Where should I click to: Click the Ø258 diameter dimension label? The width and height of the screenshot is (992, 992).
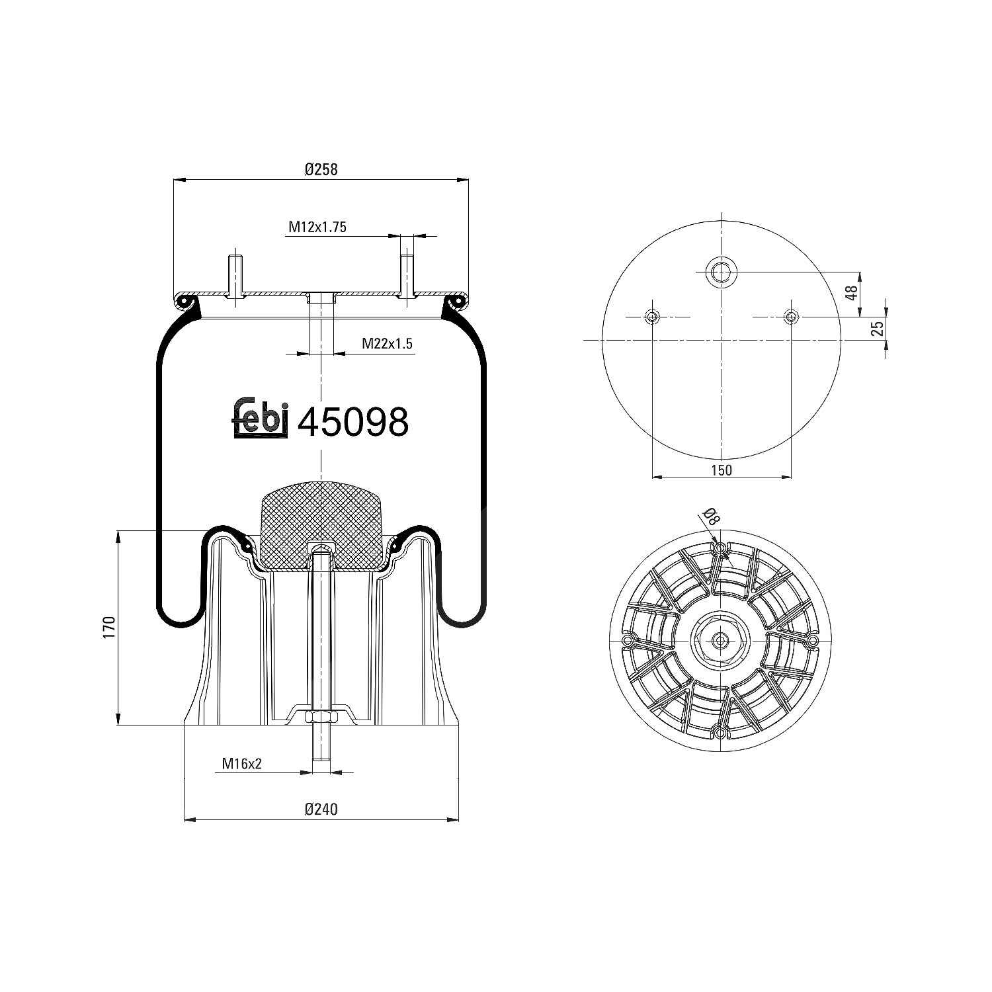click(321, 169)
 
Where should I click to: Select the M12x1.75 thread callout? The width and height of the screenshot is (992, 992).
click(317, 227)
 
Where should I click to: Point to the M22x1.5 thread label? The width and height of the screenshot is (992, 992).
click(387, 343)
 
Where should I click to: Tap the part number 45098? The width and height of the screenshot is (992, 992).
click(353, 421)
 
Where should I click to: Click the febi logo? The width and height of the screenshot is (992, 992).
click(261, 418)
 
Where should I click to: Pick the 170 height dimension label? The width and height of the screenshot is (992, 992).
click(110, 626)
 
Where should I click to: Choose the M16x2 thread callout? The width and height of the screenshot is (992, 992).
click(242, 764)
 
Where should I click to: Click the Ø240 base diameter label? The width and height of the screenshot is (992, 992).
click(321, 808)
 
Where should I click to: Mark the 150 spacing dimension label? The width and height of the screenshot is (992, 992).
click(722, 470)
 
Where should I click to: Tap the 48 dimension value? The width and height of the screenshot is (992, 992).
click(853, 292)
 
